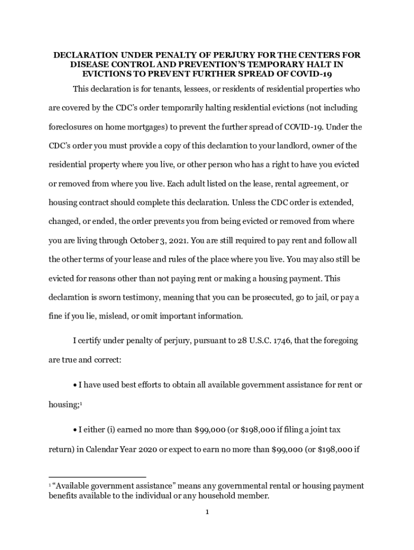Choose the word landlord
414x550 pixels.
(277, 146)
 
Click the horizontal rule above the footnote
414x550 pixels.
(97, 476)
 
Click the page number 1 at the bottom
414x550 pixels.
(206, 512)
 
